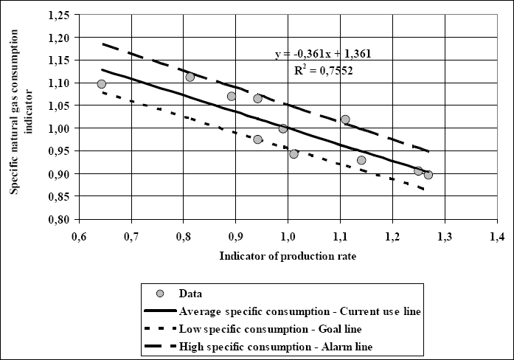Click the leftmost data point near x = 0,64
click(x=102, y=84)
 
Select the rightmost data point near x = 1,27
click(x=428, y=175)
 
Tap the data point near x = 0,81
click(x=190, y=77)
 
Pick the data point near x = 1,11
click(x=345, y=120)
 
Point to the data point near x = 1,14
click(x=361, y=160)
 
